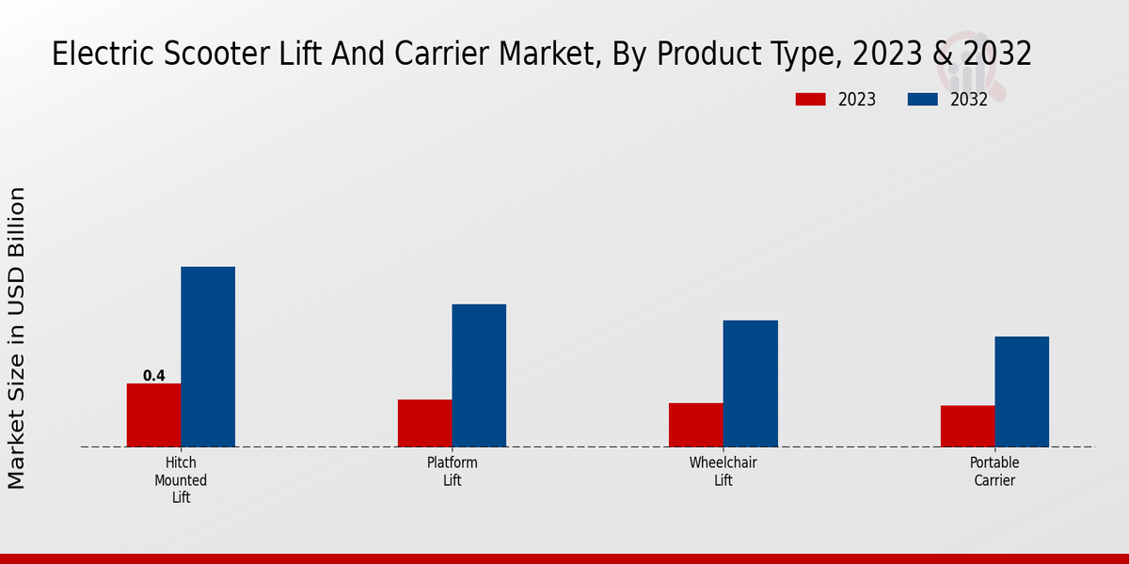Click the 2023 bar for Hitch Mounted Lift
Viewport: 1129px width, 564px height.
tap(153, 415)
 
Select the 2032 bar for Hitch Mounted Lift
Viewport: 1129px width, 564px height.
tap(208, 356)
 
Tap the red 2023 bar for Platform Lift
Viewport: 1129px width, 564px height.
tap(424, 423)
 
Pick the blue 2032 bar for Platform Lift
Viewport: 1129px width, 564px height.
tap(479, 375)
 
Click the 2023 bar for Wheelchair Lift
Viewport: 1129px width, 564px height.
tap(695, 425)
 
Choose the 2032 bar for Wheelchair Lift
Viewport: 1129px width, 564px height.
tap(750, 384)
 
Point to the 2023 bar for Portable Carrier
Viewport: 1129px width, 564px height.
tap(967, 426)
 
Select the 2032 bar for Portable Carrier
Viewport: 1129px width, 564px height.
tap(1022, 391)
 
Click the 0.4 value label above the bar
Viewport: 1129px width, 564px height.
tap(153, 376)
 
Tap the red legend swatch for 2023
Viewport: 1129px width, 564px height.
tap(810, 100)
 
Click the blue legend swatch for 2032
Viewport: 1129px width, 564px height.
tap(922, 100)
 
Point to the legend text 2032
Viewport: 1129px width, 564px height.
tap(969, 100)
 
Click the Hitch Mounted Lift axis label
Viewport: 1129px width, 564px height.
tap(181, 480)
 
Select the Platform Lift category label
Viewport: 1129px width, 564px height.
tap(452, 472)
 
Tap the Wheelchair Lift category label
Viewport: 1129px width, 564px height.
tap(723, 472)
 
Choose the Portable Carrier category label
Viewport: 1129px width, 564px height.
tap(994, 472)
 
